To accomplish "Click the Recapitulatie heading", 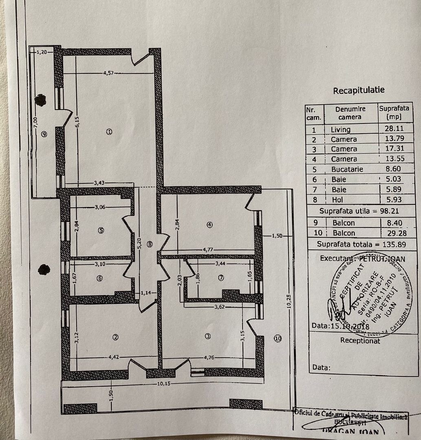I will [358, 90].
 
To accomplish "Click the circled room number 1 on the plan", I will [108, 132].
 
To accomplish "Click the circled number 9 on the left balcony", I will [44, 133].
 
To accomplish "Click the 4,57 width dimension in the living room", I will [108, 73].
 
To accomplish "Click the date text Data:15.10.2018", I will [340, 326].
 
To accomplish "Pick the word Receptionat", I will [360, 341].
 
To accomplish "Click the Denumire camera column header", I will [350, 113].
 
